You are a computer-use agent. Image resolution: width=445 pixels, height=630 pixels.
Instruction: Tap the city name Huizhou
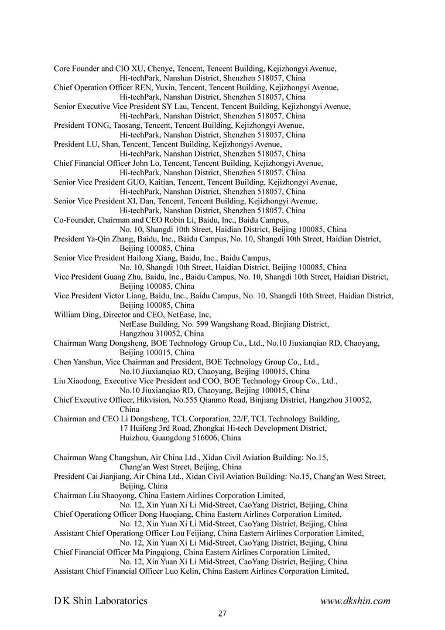[134, 438]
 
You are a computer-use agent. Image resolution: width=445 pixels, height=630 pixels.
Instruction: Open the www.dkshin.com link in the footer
[355, 601]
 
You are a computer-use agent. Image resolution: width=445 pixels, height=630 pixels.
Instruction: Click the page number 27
[222, 614]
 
